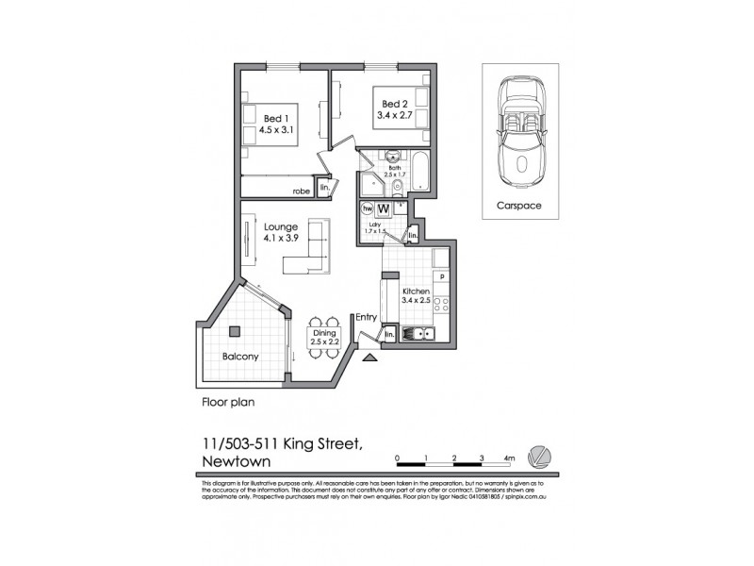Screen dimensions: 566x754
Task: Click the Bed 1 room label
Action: click(274, 118)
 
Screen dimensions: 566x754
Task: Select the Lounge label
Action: click(281, 226)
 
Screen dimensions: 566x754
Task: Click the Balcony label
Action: click(240, 357)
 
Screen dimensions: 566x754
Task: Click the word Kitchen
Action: click(416, 292)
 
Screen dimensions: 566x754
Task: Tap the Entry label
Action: click(366, 318)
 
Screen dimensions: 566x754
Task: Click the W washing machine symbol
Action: click(385, 208)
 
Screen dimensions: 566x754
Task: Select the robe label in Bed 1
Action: click(300, 191)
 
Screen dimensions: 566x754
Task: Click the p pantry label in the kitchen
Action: click(441, 276)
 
